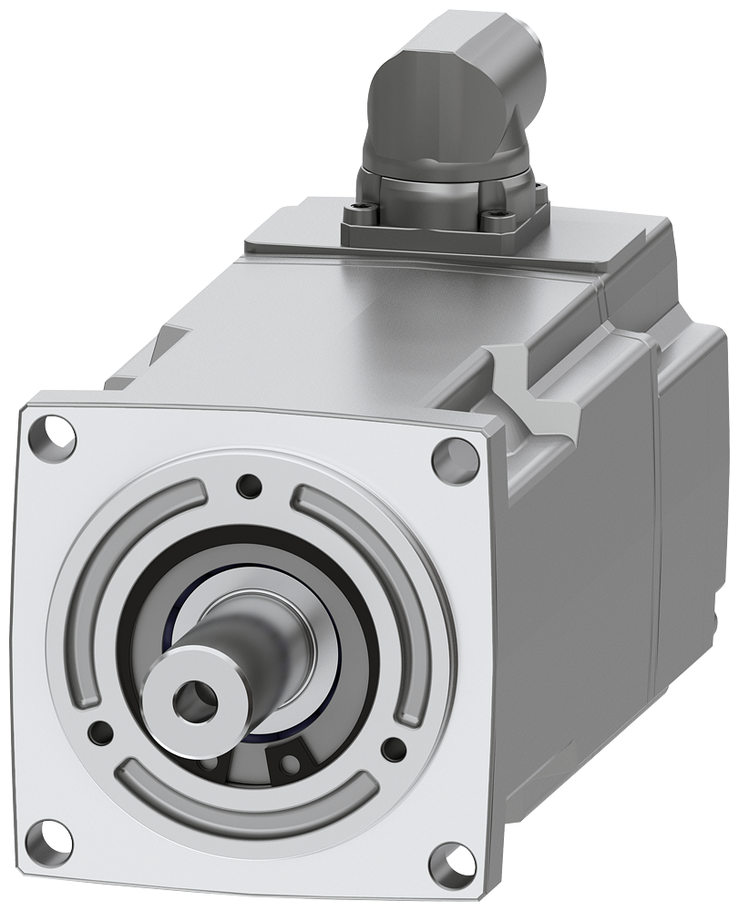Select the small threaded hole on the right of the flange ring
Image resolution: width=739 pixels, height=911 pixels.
[x=393, y=749]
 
